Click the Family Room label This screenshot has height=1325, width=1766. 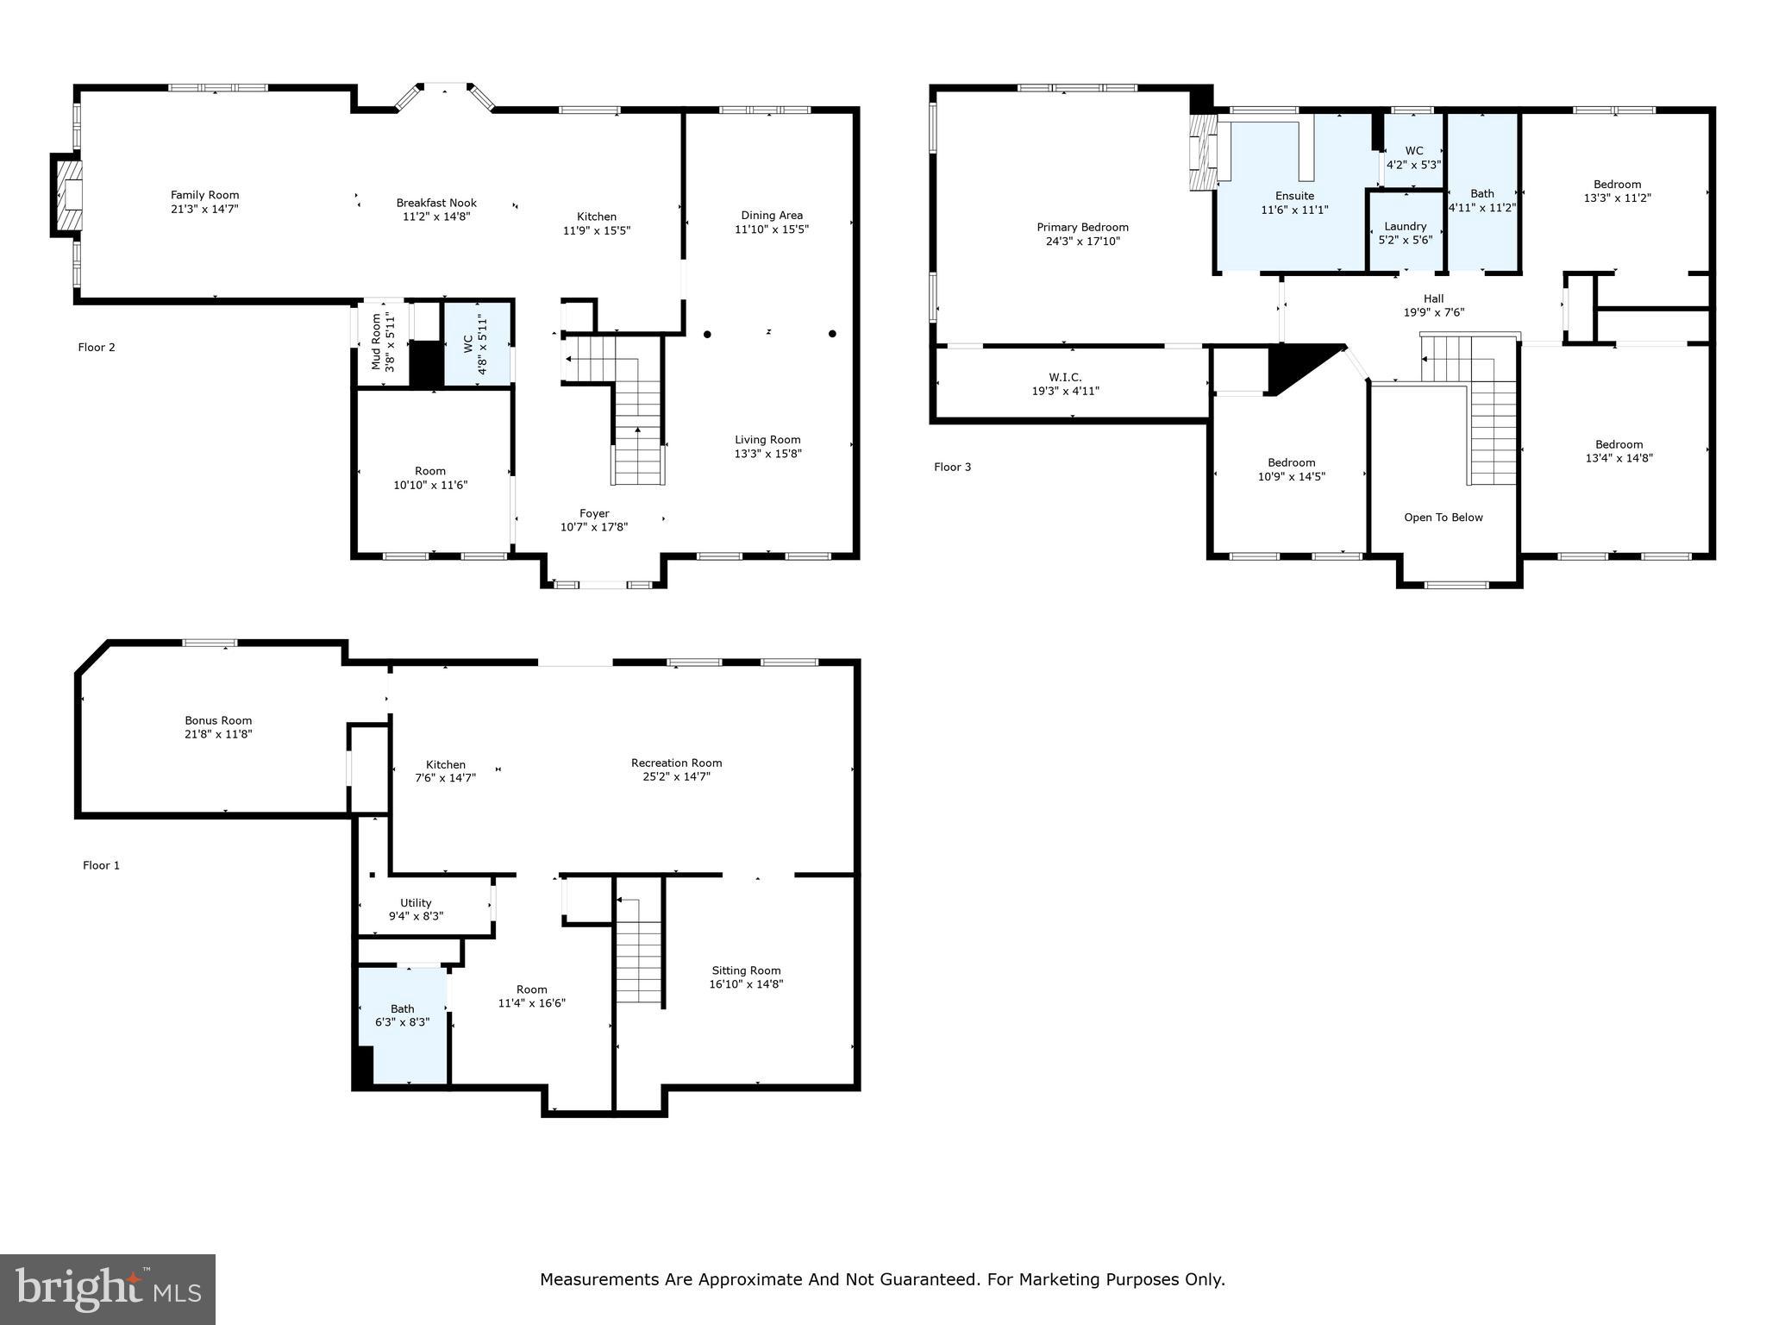tap(204, 196)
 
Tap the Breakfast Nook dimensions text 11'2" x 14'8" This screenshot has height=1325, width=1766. tap(436, 217)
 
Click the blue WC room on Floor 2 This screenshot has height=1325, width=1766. tap(478, 344)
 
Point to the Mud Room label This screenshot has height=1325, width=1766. tap(376, 342)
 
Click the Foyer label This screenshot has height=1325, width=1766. tap(594, 513)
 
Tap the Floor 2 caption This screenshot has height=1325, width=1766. tap(97, 348)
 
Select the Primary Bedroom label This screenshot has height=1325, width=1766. tap(1082, 228)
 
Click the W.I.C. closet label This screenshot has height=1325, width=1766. tap(1065, 378)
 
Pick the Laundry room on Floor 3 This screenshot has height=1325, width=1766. tap(1406, 233)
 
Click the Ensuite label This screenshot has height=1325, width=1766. tap(1294, 196)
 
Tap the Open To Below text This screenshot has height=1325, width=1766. tap(1443, 518)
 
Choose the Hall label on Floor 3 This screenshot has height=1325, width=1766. tap(1433, 299)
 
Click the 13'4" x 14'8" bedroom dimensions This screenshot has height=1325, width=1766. tap(1619, 459)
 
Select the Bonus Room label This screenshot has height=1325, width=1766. tap(218, 720)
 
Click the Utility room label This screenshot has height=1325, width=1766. tap(416, 903)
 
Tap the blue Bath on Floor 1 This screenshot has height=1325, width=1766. tap(403, 1023)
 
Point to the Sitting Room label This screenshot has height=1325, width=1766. tap(746, 970)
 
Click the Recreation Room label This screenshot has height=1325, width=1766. tap(676, 763)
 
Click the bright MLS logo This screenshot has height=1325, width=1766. tap(108, 1289)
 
